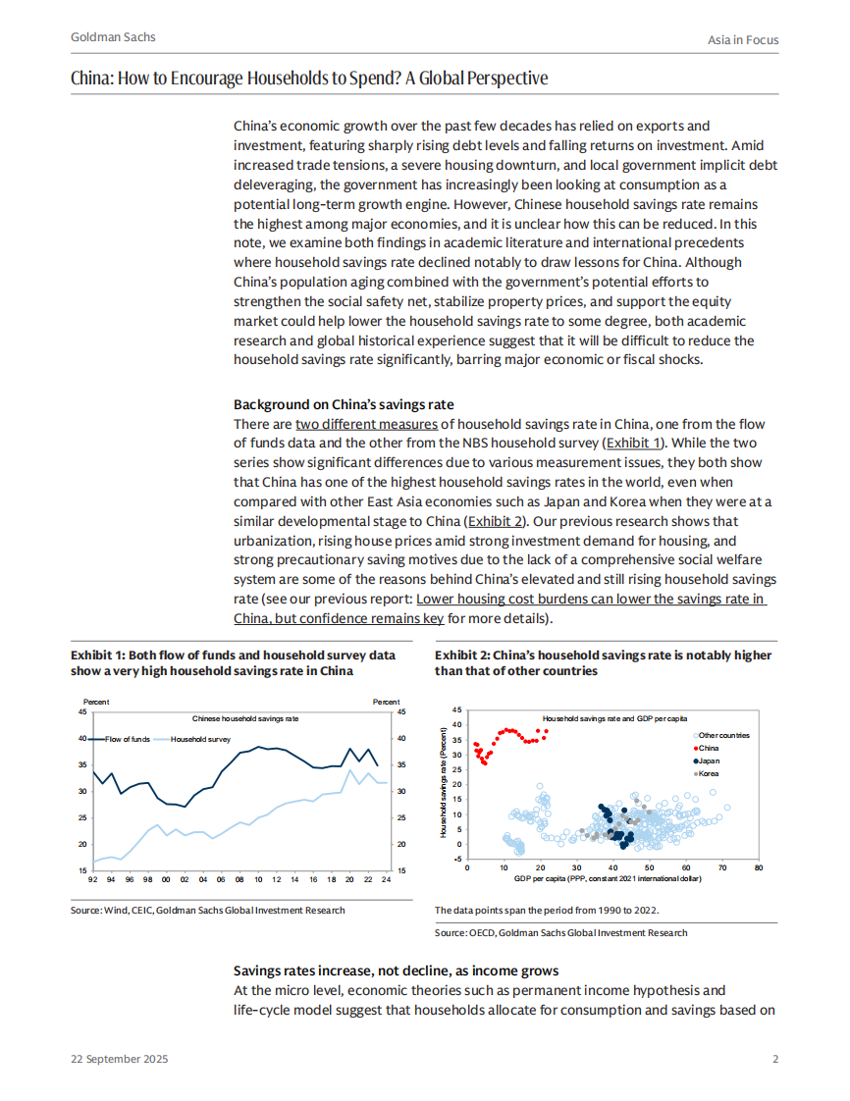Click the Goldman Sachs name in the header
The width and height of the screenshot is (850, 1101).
point(113,37)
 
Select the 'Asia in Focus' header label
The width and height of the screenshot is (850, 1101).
point(743,39)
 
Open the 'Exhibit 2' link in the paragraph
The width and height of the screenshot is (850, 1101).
point(497,521)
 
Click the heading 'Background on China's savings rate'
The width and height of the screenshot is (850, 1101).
point(344,405)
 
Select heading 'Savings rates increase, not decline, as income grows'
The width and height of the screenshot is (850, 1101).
point(397,970)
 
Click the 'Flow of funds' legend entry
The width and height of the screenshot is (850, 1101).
point(127,738)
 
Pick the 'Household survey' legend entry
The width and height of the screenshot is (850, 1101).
point(201,738)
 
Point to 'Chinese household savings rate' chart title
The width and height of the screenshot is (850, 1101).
point(245,718)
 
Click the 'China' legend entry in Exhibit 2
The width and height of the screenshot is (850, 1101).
point(708,748)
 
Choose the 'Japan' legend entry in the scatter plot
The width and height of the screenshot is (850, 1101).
point(708,760)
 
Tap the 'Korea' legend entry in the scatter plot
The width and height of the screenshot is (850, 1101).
point(708,773)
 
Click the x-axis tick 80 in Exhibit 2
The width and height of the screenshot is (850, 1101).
point(759,867)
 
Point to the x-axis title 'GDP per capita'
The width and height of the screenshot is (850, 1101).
point(607,877)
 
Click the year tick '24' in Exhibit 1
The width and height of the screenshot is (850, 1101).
point(387,879)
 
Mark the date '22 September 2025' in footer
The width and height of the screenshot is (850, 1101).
point(119,1060)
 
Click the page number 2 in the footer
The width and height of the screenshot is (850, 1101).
point(774,1060)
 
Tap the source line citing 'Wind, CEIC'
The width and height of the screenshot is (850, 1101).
point(207,911)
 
